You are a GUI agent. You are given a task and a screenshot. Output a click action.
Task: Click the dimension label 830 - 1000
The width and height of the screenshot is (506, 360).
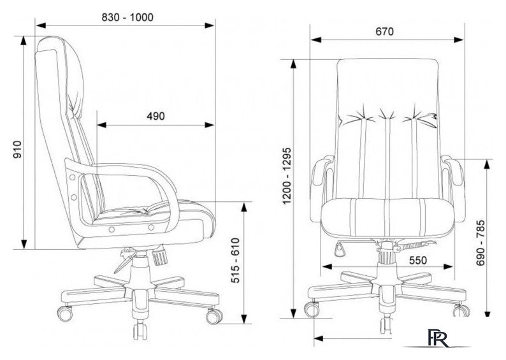(x=127, y=17)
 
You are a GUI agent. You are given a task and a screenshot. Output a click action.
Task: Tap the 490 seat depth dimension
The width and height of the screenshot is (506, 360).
(x=155, y=116)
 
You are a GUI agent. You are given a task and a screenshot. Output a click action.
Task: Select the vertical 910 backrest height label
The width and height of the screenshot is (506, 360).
(x=17, y=150)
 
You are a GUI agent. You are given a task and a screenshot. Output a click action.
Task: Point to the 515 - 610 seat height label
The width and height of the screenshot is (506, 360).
(x=236, y=261)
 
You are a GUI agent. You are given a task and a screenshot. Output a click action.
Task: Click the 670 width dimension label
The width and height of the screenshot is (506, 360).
(x=385, y=31)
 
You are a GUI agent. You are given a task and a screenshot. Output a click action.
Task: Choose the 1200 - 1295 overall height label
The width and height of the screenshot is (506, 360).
(x=287, y=176)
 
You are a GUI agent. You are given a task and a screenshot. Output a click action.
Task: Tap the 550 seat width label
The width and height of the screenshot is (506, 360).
(x=417, y=260)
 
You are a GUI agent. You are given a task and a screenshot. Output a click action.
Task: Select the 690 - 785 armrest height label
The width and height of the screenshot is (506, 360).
(x=481, y=243)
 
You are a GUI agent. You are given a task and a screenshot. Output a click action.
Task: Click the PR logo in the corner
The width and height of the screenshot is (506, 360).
(x=438, y=338)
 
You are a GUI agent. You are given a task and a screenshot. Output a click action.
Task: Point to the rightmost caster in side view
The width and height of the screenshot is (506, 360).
(x=214, y=316)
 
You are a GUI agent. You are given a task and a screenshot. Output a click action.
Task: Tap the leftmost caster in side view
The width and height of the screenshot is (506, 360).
(x=65, y=313)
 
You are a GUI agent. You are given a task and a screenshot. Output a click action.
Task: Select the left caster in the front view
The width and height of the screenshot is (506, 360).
(x=312, y=310)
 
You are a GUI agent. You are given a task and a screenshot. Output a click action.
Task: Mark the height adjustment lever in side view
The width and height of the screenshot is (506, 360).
(x=126, y=261)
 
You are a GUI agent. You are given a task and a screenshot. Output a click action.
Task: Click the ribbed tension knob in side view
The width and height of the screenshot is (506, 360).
(x=159, y=255)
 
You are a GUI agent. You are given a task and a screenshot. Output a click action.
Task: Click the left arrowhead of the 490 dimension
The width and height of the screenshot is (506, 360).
(x=101, y=125)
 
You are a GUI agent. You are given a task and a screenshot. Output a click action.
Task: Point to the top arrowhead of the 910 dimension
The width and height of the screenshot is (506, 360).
(x=24, y=41)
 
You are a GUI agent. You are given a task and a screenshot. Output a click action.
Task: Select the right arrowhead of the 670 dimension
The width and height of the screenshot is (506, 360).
(x=459, y=40)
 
